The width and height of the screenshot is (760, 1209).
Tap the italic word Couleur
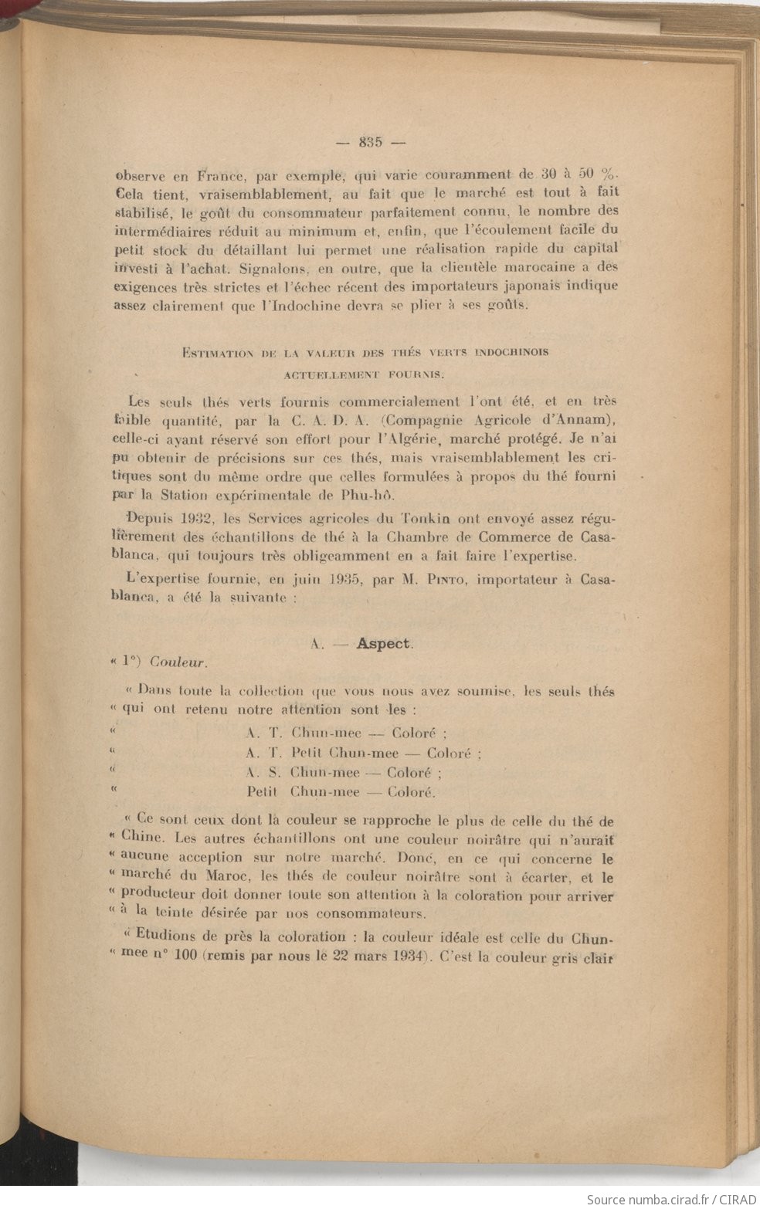click(x=178, y=662)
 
